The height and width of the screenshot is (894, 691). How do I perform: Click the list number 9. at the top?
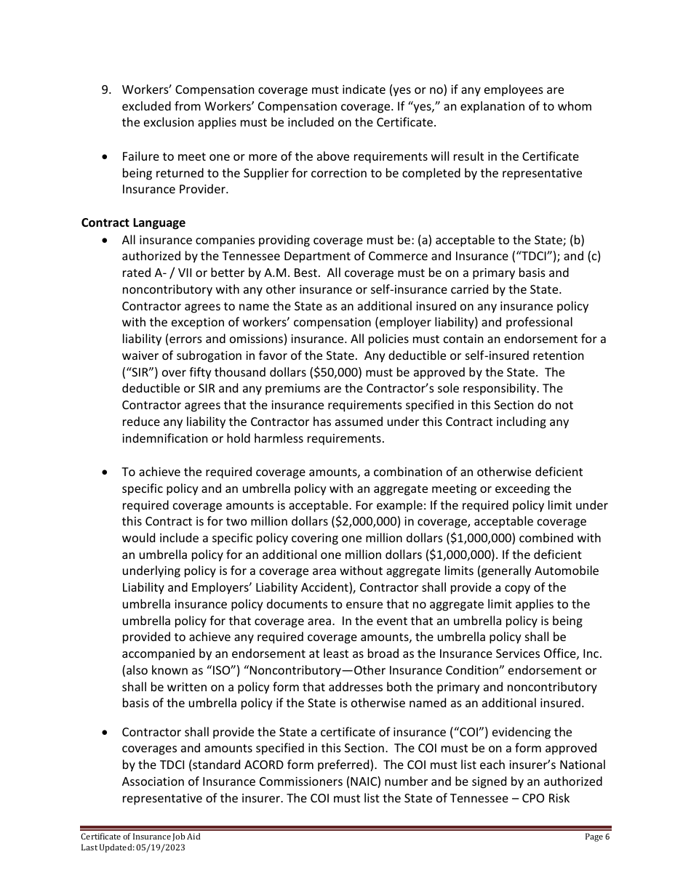point(106,90)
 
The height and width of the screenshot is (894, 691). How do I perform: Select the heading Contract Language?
point(133,223)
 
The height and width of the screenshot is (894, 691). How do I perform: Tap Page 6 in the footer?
point(597,837)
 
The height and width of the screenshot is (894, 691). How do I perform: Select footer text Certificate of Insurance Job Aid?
point(140,837)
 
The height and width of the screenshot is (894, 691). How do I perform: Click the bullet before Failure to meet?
point(107,156)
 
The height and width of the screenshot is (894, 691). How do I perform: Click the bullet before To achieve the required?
point(107,472)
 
